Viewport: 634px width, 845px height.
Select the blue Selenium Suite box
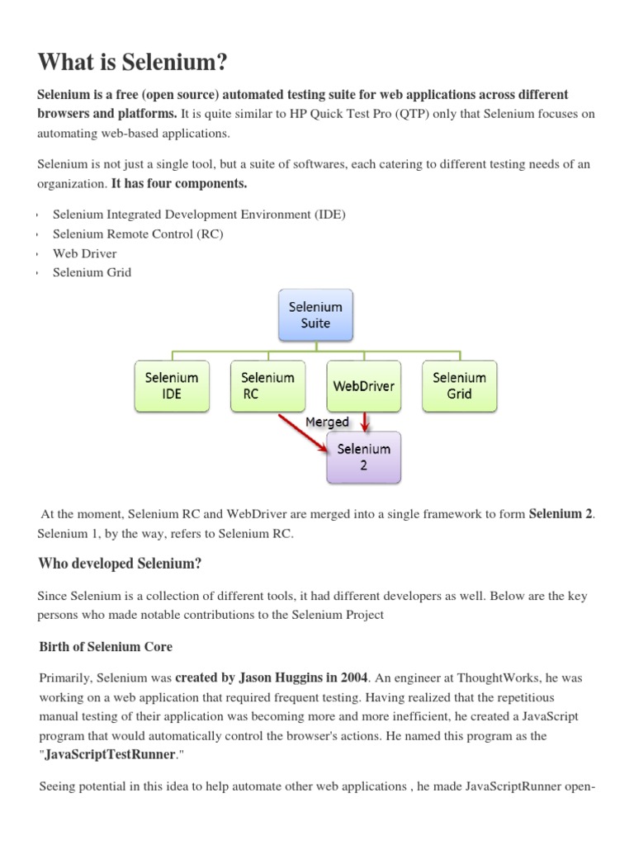pos(315,314)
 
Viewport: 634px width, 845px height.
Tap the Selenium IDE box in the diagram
pos(172,385)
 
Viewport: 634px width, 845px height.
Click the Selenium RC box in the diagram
pos(267,385)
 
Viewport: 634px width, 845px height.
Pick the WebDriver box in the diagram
pos(363,385)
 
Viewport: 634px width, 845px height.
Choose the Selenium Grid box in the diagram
pos(459,385)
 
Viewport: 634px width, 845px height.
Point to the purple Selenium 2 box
pos(363,457)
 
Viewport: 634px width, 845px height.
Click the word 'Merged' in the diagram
pos(328,422)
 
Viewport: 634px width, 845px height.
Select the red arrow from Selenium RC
pos(302,432)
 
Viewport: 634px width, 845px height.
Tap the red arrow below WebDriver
pos(366,422)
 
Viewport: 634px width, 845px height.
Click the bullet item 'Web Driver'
pos(84,253)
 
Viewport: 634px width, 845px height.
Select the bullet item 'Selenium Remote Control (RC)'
pos(138,234)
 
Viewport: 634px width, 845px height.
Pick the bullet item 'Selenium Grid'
pos(92,272)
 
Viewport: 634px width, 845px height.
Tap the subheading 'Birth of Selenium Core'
pos(106,645)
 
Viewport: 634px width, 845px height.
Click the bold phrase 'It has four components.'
pos(179,182)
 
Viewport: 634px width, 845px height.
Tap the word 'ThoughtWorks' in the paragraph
pos(503,678)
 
